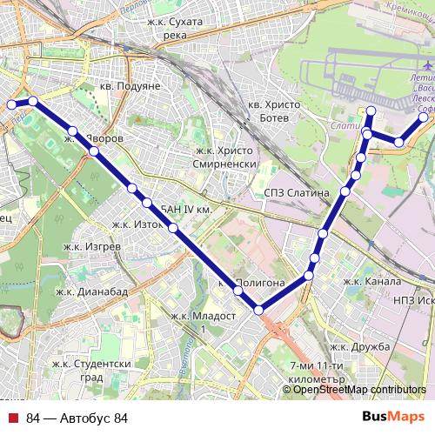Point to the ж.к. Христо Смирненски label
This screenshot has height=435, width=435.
(x=224, y=156)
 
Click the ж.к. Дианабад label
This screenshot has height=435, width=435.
(x=90, y=291)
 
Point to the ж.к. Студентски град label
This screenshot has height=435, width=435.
(x=91, y=371)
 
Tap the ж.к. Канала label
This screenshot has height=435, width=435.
(x=371, y=282)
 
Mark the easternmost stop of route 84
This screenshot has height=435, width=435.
(x=424, y=117)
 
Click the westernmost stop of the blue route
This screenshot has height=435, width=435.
(x=11, y=104)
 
